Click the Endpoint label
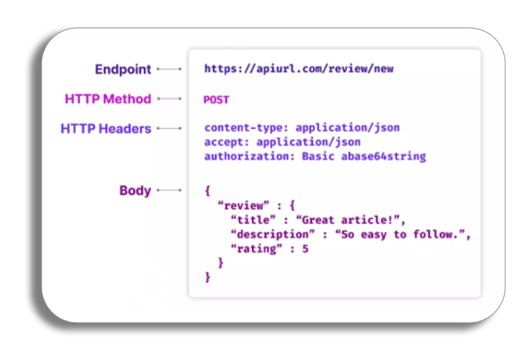click(123, 69)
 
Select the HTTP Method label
click(108, 99)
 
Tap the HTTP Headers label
click(106, 129)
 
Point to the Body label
click(135, 190)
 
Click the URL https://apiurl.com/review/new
click(298, 69)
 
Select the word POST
click(216, 99)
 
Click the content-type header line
click(301, 127)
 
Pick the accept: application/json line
click(282, 142)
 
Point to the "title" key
click(253, 219)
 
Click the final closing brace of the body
click(208, 276)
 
